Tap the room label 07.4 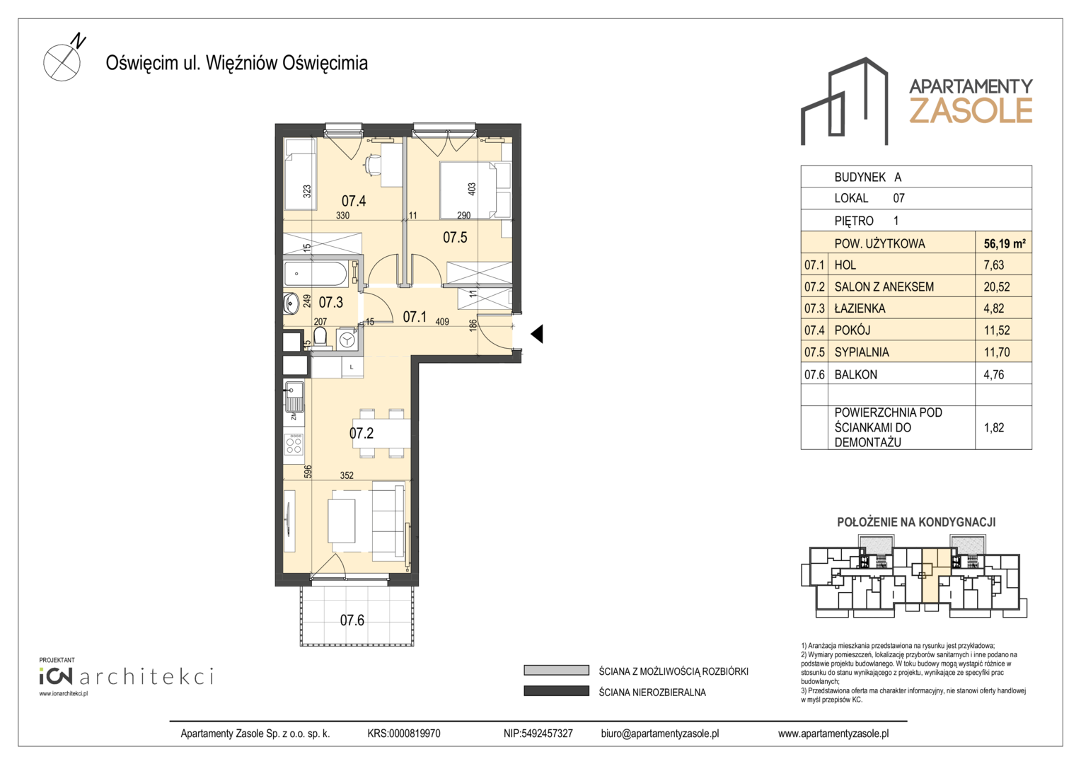click(353, 200)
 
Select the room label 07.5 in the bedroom click(455, 237)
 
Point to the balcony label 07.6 click(352, 620)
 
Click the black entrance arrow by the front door click(537, 333)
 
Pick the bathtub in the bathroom click(316, 274)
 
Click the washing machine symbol click(347, 340)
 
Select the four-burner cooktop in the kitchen click(294, 444)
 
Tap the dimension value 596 click(308, 472)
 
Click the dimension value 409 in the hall click(442, 321)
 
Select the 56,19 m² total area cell click(1005, 244)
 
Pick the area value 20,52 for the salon click(997, 286)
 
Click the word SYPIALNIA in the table click(862, 352)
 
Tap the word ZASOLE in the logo click(971, 110)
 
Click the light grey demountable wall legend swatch click(557, 671)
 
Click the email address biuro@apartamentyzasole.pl click(659, 734)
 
